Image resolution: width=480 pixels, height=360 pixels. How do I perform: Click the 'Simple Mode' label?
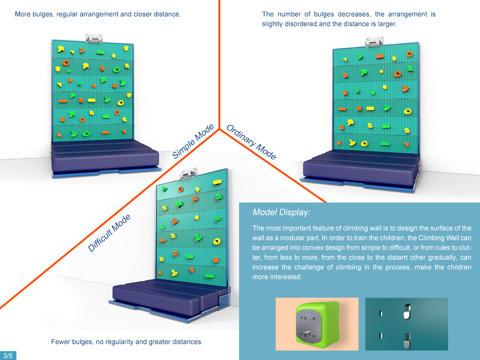point(193,142)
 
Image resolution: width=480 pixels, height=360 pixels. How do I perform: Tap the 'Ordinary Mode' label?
point(251,142)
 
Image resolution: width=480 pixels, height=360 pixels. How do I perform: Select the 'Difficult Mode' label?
point(109,233)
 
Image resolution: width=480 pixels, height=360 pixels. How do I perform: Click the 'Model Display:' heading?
point(281,212)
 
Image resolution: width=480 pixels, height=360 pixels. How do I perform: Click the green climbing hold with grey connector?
point(317,324)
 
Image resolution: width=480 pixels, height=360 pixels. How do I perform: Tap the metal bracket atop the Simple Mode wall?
point(94,37)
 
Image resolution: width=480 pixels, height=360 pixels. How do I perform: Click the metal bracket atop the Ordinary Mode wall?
point(374,41)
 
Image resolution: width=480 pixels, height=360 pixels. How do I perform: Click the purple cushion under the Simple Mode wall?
point(105,155)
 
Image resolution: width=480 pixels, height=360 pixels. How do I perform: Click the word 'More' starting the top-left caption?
point(22,14)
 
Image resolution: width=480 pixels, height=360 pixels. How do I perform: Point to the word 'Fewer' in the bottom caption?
point(60,342)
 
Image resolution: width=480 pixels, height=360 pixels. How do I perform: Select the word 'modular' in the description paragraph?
point(284,238)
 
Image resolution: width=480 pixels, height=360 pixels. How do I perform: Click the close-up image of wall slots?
point(406,324)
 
